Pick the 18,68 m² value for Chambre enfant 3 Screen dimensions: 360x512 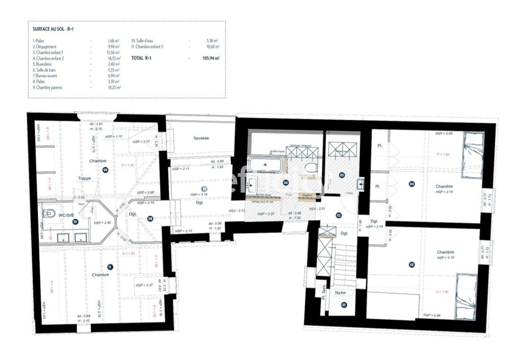coord(212,47)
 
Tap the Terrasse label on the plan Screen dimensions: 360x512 coord(201,138)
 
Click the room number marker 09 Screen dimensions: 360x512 coord(105,170)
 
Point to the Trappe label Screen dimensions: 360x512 coord(85,178)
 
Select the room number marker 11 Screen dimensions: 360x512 coord(110,267)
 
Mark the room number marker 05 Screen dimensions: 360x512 coord(342,175)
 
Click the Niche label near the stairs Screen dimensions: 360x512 coord(340,292)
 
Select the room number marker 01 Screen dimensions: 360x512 coord(344,305)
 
